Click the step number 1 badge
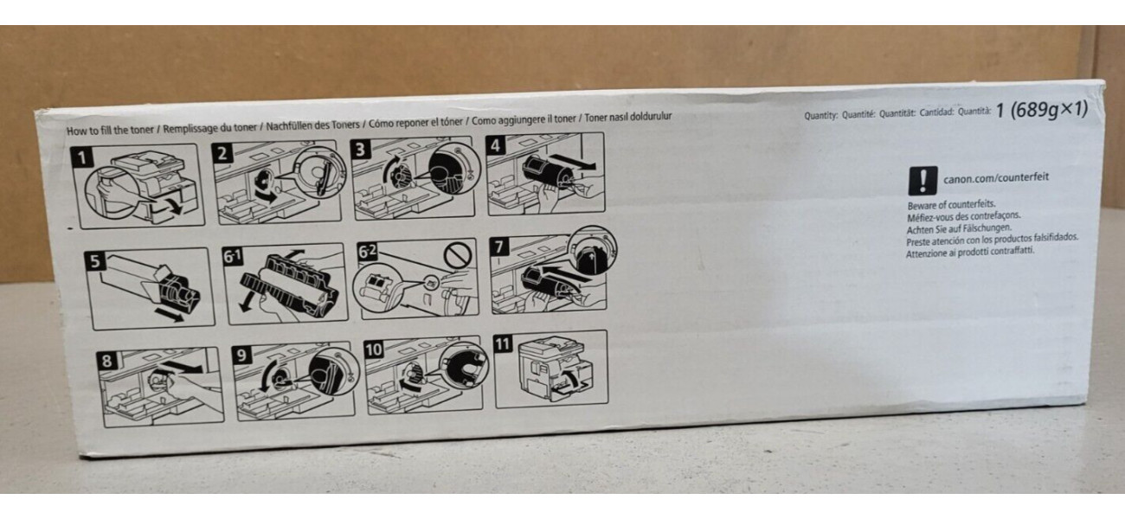82,157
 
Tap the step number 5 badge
94,261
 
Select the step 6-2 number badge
367,251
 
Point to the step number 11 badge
503,343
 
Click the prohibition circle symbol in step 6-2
459,255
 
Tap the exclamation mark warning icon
922,181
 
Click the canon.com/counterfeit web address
996,177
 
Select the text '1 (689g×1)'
1041,109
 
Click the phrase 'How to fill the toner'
110,130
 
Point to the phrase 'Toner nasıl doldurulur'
627,117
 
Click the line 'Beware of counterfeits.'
951,205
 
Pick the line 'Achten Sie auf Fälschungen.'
959,228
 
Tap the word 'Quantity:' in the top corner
820,115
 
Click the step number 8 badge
107,361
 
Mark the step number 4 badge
496,145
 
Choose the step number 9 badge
241,356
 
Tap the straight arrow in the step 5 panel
170,315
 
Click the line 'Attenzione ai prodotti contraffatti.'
970,252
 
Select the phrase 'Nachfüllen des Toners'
313,125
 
